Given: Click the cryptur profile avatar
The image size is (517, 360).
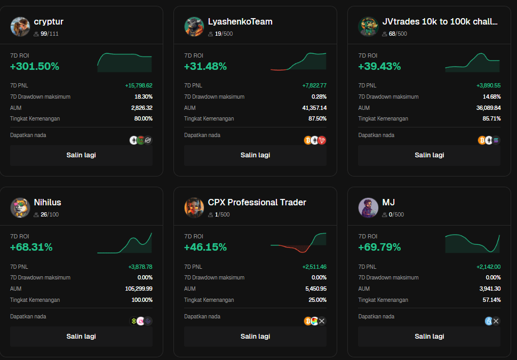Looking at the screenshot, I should (20, 26).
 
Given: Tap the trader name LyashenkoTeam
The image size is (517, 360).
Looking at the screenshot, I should (240, 22).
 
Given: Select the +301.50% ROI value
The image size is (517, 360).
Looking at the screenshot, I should (35, 67).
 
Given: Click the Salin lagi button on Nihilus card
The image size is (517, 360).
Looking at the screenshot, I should (81, 337).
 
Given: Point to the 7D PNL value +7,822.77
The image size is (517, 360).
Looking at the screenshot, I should (314, 85).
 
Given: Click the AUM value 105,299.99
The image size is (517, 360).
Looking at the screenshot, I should (139, 289).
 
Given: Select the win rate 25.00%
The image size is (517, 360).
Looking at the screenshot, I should (317, 300).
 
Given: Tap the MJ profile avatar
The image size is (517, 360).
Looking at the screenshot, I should (368, 207).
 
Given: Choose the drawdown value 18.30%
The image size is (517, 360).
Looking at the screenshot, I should (144, 97).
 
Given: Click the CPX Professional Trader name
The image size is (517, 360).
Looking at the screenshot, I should (257, 203).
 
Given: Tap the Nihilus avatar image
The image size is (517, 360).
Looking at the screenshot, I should (20, 207).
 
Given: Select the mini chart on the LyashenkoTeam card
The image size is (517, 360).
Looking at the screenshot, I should (298, 62).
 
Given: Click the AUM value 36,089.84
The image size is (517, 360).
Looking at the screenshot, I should (488, 108).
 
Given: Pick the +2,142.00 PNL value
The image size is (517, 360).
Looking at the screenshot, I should (488, 267).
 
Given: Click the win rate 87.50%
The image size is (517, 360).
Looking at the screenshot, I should (317, 118).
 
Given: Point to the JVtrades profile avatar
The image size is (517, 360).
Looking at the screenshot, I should (368, 26).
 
